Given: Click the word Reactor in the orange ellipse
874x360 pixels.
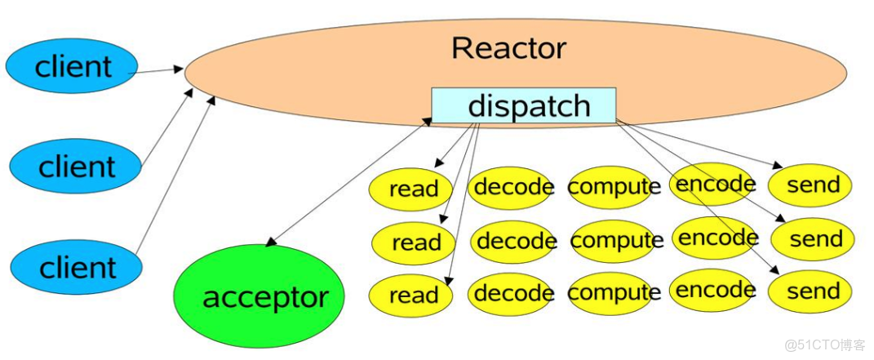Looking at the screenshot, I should coord(508,48).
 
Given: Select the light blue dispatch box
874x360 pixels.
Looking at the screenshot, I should coord(523,106).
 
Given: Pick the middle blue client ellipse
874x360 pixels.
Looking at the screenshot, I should coord(75,166).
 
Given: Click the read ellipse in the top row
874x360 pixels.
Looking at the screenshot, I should coord(414,189).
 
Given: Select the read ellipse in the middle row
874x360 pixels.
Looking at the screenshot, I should coord(415,242).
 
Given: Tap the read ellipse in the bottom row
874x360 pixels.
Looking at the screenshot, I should coord(413,295).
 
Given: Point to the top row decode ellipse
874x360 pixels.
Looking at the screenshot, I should coord(513,187).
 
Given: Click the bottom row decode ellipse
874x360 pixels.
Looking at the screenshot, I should coord(513,292).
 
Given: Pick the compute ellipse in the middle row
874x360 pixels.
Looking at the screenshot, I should coord(616,241).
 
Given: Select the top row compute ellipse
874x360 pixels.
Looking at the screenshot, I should coord(614,187).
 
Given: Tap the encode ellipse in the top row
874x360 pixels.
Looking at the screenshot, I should coord(715,184).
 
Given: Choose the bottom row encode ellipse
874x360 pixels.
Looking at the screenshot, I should coord(715,290).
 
